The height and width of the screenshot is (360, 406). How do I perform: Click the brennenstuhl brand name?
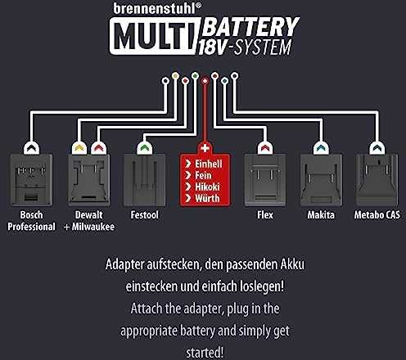point(155,8)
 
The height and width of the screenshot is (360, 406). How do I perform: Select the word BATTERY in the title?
point(250,27)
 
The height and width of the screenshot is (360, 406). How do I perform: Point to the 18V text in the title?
point(212,47)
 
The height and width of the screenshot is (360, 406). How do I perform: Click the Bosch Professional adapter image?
point(31,180)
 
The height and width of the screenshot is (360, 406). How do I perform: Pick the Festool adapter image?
point(144,180)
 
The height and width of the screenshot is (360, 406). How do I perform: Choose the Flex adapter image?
point(265,180)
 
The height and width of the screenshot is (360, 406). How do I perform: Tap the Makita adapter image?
point(321,180)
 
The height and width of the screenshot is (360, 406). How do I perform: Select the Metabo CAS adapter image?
point(377,180)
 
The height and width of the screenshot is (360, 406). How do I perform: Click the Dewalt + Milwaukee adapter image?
point(89,180)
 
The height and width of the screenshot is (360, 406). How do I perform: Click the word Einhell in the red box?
point(209,164)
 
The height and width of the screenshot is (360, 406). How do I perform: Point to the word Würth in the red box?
point(207,198)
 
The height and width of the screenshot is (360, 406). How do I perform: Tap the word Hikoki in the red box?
point(207,187)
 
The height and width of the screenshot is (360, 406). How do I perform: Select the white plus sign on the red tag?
point(205,148)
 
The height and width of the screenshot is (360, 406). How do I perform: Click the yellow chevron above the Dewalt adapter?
point(79,148)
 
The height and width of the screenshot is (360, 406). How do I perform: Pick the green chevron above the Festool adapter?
point(144,148)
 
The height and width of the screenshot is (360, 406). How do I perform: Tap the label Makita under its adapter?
point(321,215)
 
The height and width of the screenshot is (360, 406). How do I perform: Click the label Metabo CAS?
point(377,215)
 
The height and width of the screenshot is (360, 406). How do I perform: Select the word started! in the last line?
point(205,353)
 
